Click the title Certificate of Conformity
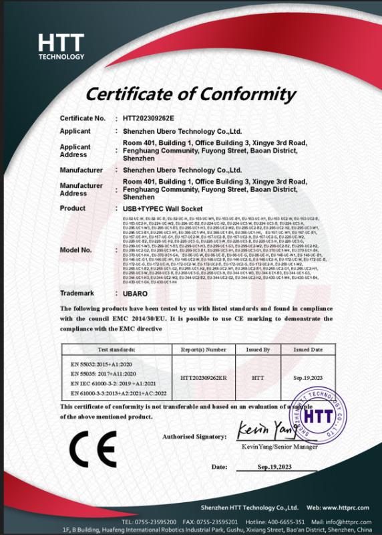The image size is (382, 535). (x=190, y=92)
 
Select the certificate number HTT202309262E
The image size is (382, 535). (x=148, y=118)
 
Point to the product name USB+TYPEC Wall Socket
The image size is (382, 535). (x=158, y=209)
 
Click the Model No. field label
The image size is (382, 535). (x=75, y=250)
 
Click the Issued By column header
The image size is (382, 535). (x=258, y=349)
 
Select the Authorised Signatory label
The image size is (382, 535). (x=194, y=437)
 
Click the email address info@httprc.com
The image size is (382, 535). (x=348, y=521)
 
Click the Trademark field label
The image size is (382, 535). (x=77, y=293)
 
